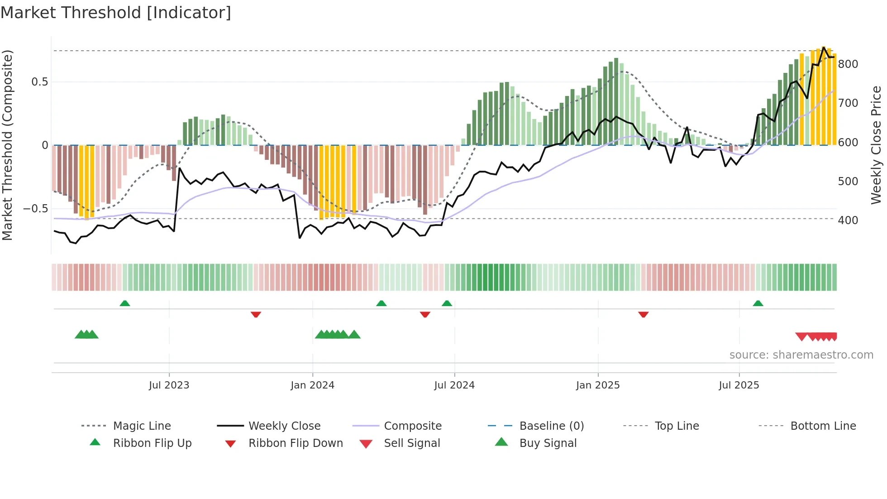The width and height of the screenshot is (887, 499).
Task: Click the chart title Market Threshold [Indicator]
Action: point(116,13)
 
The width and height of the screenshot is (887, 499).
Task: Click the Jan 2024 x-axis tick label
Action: point(312,385)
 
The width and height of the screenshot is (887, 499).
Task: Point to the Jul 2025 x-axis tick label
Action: point(739,385)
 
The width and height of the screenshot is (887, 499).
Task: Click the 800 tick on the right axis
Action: point(848,64)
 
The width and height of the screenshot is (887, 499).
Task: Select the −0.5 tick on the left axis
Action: point(35,209)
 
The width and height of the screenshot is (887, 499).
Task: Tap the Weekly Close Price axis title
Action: point(876,145)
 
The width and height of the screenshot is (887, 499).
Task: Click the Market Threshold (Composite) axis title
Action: point(7,145)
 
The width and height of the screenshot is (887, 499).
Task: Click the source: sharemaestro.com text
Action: point(801,355)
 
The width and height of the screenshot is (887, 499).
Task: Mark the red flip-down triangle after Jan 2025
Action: point(643,314)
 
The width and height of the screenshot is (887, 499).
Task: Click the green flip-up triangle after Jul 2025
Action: point(758,303)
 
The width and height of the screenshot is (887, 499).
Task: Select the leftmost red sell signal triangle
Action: point(801,336)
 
